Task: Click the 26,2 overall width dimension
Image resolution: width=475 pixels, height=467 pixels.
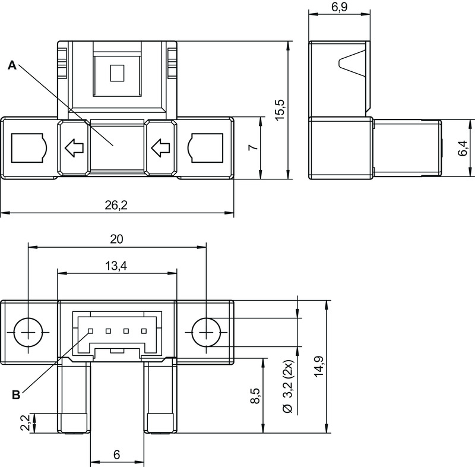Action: click(x=116, y=205)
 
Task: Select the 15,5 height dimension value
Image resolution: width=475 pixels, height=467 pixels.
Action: click(x=280, y=110)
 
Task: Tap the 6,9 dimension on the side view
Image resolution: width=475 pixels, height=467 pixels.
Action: click(x=339, y=7)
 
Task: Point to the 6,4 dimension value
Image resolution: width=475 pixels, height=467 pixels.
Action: click(x=463, y=148)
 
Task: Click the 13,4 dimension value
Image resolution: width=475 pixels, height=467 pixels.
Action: click(x=116, y=266)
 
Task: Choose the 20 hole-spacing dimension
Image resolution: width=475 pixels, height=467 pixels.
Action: click(x=116, y=239)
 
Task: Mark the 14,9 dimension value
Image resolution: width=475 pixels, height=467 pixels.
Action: click(x=319, y=367)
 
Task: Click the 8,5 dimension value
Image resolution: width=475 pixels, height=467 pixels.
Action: click(x=255, y=396)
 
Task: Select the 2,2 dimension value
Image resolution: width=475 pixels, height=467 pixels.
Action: click(x=26, y=422)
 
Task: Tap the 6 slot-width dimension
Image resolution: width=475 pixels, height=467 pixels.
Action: click(x=116, y=455)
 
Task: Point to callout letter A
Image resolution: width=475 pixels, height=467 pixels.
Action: click(x=12, y=65)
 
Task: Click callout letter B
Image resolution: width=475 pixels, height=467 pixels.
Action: click(x=16, y=395)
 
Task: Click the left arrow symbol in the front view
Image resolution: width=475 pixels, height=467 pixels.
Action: click(x=74, y=148)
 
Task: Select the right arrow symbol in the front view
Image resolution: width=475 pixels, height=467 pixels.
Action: click(x=160, y=148)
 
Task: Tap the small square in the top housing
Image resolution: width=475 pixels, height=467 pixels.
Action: click(x=117, y=73)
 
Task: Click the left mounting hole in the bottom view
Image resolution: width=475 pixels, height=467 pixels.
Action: click(x=28, y=332)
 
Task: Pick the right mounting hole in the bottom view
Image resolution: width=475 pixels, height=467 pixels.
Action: click(x=206, y=332)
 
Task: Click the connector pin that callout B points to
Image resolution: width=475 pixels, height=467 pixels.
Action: click(x=90, y=331)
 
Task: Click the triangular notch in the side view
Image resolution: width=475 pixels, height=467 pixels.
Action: click(x=351, y=63)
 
